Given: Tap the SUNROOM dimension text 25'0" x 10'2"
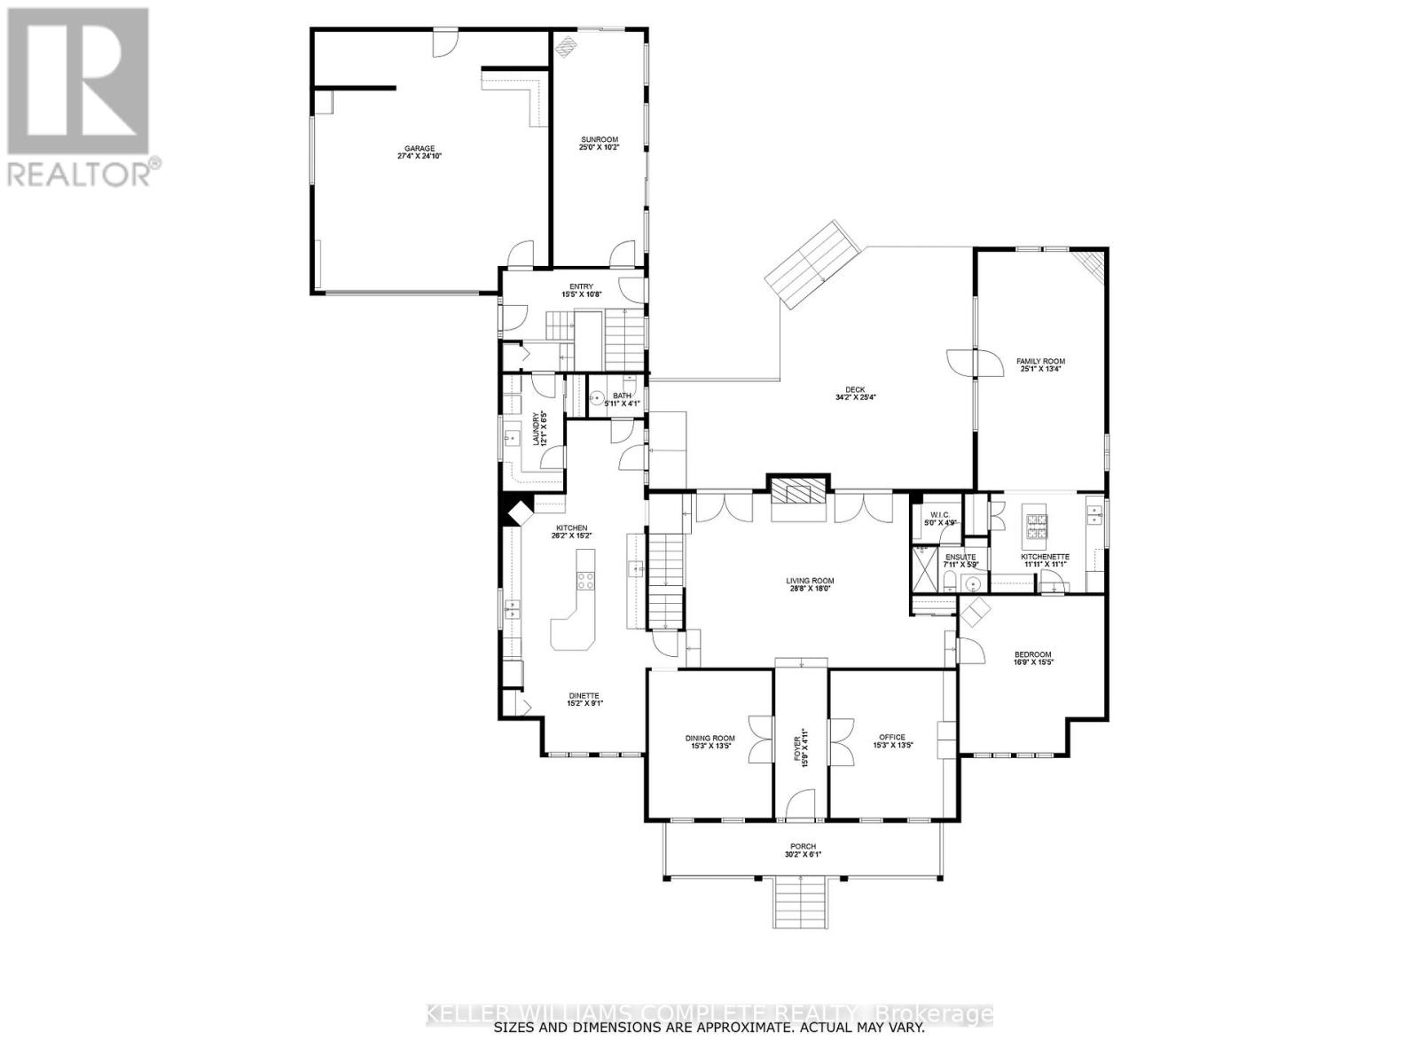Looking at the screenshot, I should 600,147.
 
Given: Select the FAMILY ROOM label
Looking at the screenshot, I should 1040,361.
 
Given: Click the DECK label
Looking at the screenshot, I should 855,389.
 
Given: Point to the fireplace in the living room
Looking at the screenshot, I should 800,493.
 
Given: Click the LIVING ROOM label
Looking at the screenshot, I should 810,582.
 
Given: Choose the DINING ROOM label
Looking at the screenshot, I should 710,738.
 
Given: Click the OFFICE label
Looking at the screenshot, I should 891,737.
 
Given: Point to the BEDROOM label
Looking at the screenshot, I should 1032,655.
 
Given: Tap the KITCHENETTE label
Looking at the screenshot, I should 1045,557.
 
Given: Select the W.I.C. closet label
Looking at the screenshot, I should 940,515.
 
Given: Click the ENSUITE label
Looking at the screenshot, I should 960,557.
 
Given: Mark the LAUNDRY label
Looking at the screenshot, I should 537,428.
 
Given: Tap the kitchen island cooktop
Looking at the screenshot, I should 585,581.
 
